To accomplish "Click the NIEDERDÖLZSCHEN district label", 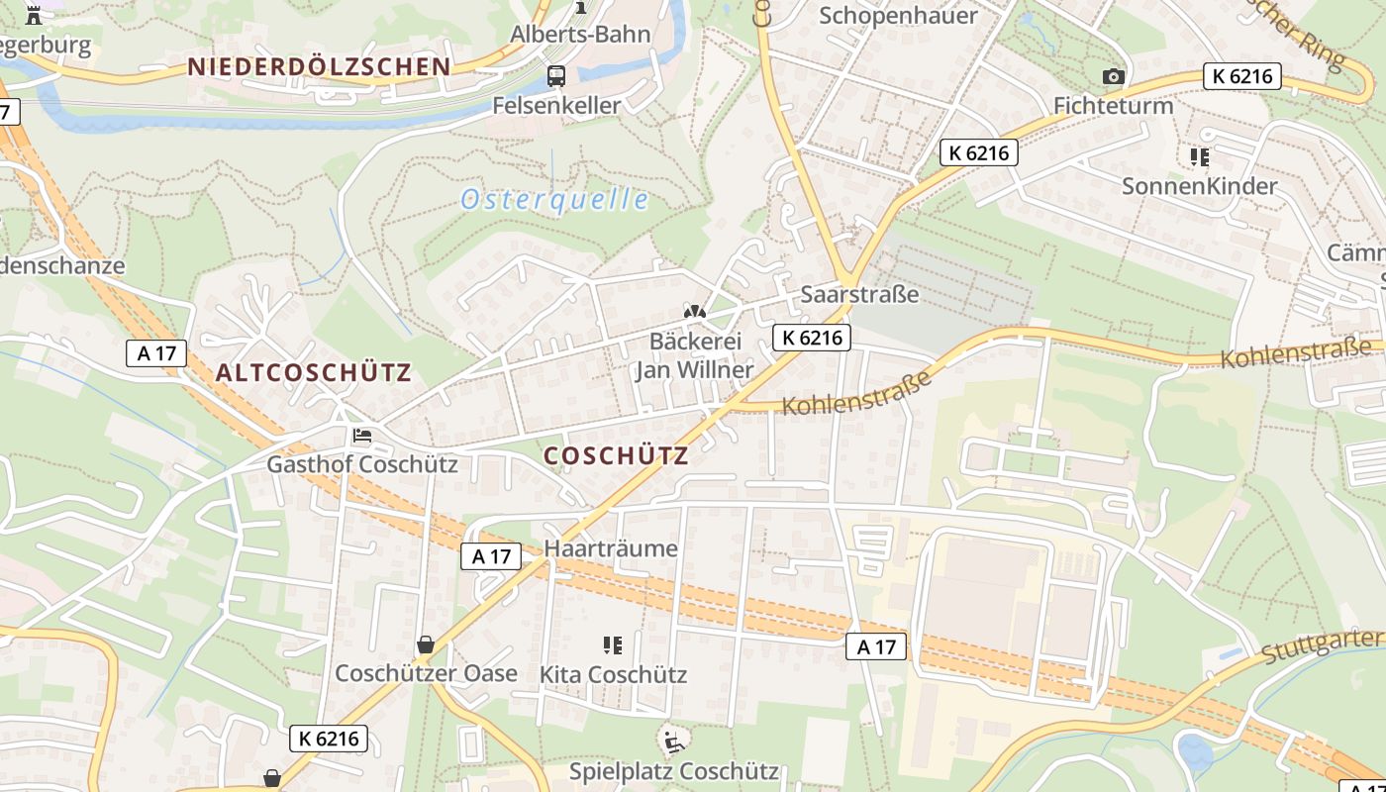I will [319, 67].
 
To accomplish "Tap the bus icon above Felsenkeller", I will [556, 76].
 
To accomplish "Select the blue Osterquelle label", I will [554, 200].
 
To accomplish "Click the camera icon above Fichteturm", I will [1114, 76].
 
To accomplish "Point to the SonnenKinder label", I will [1199, 186].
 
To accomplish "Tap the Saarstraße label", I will [859, 294].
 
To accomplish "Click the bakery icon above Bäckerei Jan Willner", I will [695, 312].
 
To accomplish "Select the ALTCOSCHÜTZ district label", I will [313, 373].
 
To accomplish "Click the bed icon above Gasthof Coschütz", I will [362, 436].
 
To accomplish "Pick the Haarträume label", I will [611, 548].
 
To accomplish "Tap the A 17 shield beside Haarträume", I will [491, 556].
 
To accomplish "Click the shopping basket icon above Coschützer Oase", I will [426, 645].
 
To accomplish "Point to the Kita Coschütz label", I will [613, 675].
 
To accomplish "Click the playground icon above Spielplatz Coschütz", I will [673, 740].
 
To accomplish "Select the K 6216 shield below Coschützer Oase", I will [329, 738].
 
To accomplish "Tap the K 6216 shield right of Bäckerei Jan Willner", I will [812, 338].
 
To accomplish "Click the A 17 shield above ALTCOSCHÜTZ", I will [156, 352].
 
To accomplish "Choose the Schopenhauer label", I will [899, 15].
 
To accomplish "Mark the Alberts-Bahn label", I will [580, 35].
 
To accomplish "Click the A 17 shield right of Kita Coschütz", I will [876, 647].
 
